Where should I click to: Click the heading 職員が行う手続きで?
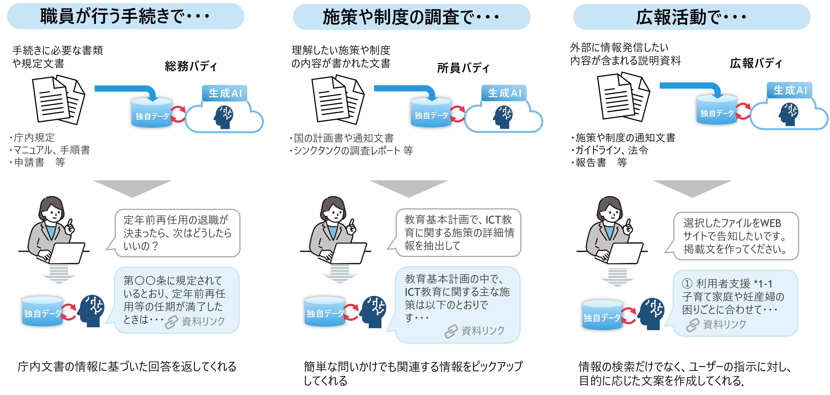click(x=125, y=16)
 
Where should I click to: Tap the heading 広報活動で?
click(x=691, y=17)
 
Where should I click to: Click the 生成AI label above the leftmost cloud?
click(x=225, y=93)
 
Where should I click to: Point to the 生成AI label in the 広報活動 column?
click(x=790, y=90)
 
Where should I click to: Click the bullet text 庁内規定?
click(x=34, y=138)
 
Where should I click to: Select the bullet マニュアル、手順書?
click(x=52, y=150)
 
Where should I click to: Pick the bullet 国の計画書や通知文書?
click(x=343, y=138)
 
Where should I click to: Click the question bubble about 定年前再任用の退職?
click(x=177, y=233)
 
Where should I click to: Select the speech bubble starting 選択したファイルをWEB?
click(x=735, y=236)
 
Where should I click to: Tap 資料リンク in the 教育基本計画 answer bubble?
click(x=482, y=330)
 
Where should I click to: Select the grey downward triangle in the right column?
click(x=692, y=188)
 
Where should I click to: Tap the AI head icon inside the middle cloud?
click(x=503, y=116)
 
